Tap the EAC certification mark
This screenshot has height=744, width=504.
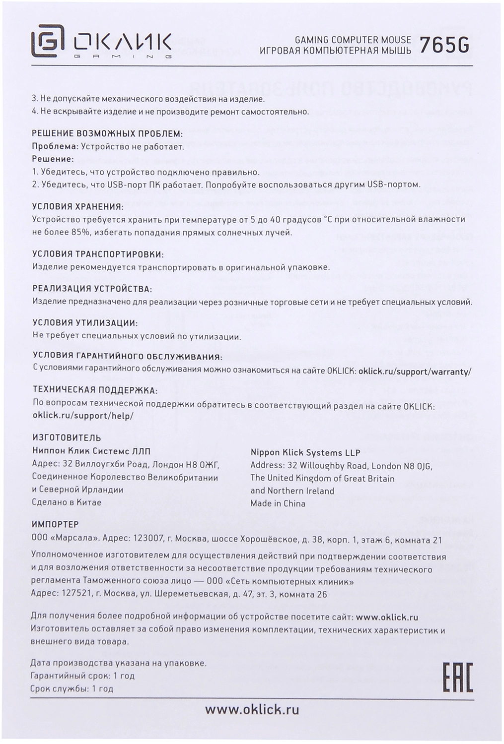coord(457,677)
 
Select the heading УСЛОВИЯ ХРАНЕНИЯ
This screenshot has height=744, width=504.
coord(77,206)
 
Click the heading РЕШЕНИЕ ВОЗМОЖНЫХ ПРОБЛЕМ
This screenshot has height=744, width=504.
coord(107,134)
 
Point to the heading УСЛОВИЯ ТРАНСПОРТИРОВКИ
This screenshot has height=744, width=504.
coord(97,254)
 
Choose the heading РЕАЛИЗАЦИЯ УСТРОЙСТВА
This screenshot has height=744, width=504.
coord(92,289)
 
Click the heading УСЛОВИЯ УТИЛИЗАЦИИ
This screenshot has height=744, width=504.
coord(84,323)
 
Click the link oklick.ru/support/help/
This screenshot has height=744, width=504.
coord(83,416)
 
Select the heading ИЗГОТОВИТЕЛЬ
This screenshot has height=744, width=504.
coord(66,438)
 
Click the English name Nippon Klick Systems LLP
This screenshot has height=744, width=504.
coord(305,452)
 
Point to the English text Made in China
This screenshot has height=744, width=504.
coord(278,503)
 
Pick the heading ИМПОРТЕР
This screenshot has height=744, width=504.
coord(55,524)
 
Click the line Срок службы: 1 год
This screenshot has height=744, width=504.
coord(72,689)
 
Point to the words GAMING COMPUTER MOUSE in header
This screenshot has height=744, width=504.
coord(353,40)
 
